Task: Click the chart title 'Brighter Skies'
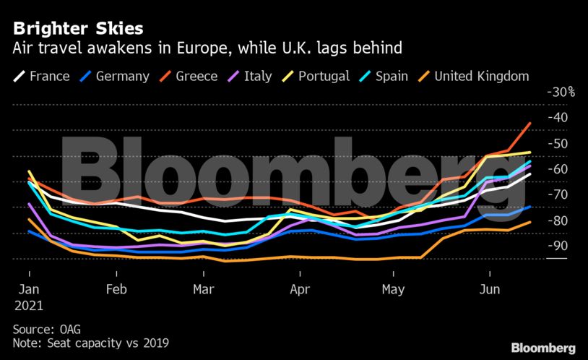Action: (x=77, y=28)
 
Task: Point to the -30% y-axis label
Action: (x=560, y=92)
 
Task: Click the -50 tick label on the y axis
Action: (x=558, y=143)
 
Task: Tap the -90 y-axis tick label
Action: (x=558, y=246)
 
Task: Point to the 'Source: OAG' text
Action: (x=47, y=328)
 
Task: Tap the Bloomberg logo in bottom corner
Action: (x=543, y=348)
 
